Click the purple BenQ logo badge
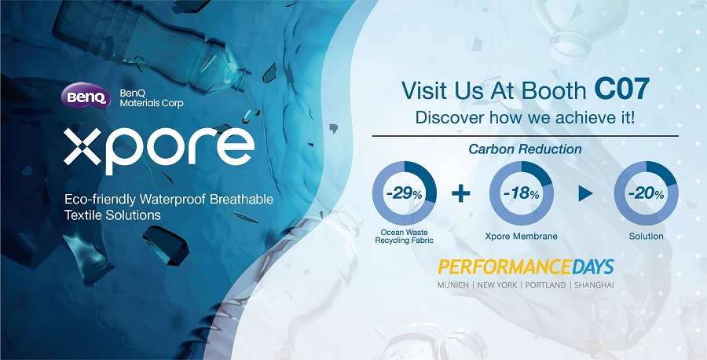(x=85, y=95)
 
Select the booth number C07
(x=622, y=90)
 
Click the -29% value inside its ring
(x=404, y=195)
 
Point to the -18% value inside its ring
(x=522, y=195)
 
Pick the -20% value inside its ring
(x=647, y=195)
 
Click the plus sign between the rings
(x=461, y=194)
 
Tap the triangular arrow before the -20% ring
(x=585, y=193)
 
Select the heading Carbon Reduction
(x=525, y=149)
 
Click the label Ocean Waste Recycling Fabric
(x=404, y=237)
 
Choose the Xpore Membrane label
(x=522, y=236)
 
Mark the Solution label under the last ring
(x=647, y=236)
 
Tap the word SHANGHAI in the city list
(x=594, y=285)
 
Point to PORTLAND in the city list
(x=546, y=285)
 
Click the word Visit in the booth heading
(x=421, y=90)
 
